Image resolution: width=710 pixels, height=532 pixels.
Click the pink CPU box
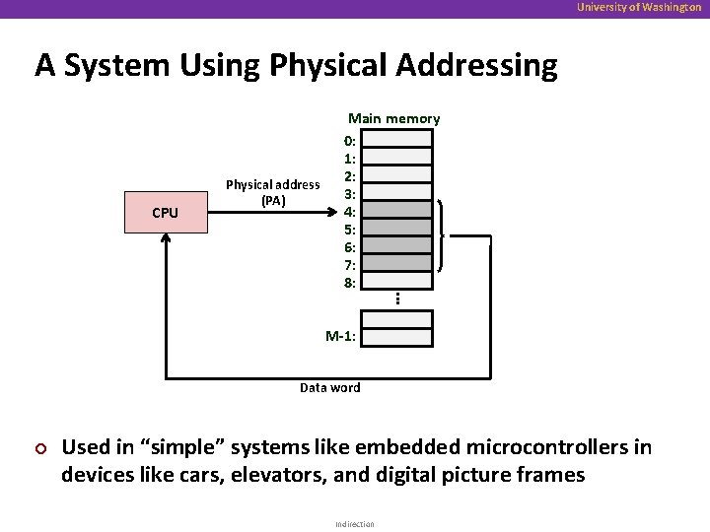tap(166, 213)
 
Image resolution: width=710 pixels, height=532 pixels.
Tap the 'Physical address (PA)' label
tap(272, 192)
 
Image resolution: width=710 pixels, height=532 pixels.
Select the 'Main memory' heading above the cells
tap(393, 119)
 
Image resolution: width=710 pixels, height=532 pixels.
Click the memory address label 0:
tap(350, 139)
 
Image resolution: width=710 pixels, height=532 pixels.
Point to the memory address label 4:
tap(350, 211)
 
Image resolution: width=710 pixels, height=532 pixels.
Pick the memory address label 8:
tap(350, 283)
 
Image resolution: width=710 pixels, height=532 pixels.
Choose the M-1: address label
tap(342, 337)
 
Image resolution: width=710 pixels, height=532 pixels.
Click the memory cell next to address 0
tap(396, 138)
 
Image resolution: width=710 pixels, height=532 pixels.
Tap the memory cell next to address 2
tap(396, 174)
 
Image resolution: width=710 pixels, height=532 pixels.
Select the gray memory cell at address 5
tap(396, 228)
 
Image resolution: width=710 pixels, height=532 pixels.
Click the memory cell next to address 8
tap(396, 282)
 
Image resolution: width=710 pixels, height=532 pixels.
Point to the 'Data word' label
tap(330, 388)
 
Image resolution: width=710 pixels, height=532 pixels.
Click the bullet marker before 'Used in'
tap(41, 448)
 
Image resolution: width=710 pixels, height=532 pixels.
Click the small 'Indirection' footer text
tap(354, 524)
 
